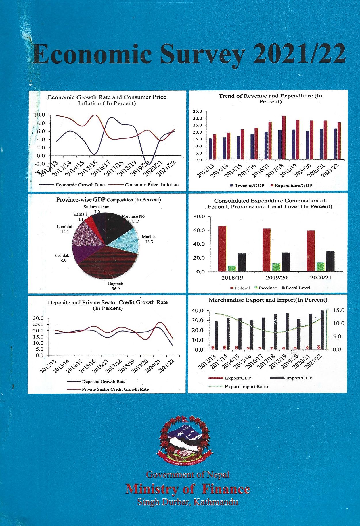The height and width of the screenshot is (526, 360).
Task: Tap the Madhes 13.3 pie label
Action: point(149,239)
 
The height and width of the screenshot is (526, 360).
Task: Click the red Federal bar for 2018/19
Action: point(222,248)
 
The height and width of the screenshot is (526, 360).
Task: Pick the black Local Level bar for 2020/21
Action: point(330,261)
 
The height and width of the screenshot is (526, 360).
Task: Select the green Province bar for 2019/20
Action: point(276,267)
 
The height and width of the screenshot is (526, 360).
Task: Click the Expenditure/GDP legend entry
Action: point(291,186)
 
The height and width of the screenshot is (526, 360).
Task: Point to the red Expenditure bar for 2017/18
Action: point(284,138)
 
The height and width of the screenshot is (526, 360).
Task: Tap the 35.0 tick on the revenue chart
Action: point(198,111)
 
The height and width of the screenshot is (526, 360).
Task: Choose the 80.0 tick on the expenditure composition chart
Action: point(199,216)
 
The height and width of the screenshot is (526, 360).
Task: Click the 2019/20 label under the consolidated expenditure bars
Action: point(276,278)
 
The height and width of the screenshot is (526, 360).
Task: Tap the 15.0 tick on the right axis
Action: point(338,311)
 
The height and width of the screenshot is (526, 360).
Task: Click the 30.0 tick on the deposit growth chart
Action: point(38,318)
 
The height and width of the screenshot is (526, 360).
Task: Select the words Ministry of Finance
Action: point(187,489)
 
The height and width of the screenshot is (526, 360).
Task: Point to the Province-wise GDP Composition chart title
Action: point(108,200)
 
